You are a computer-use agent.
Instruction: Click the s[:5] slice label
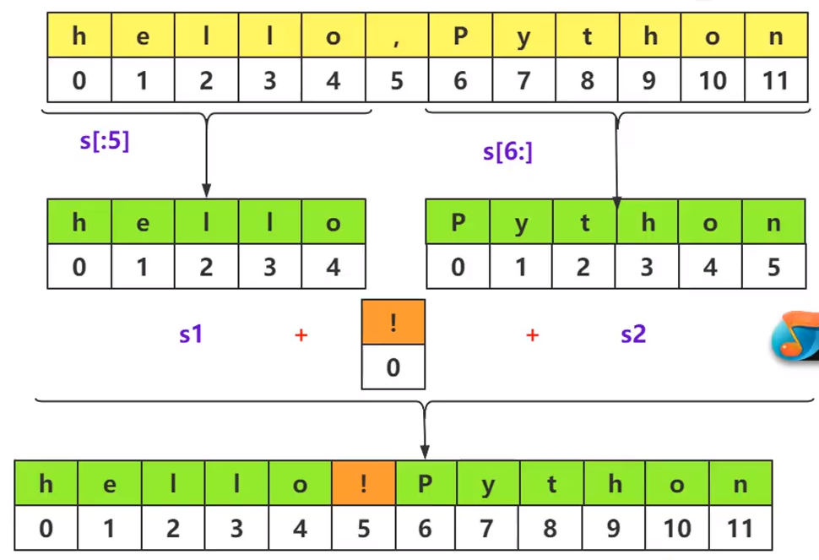105,140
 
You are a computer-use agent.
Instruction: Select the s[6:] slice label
507,152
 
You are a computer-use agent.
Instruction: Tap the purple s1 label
191,334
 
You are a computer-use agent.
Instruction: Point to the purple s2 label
633,334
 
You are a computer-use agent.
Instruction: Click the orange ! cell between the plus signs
393,322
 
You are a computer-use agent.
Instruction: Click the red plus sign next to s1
301,335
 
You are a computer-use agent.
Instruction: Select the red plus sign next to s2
532,335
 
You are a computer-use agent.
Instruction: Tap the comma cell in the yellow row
397,35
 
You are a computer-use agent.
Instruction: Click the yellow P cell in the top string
460,35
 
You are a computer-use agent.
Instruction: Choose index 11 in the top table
774,80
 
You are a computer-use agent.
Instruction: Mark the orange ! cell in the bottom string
364,483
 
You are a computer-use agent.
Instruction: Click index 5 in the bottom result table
364,529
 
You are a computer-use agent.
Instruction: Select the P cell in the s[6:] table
458,222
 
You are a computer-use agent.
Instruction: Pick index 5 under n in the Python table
774,267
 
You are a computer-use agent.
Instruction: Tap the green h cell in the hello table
79,222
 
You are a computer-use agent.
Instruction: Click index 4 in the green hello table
334,267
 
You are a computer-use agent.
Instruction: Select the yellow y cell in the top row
523,35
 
